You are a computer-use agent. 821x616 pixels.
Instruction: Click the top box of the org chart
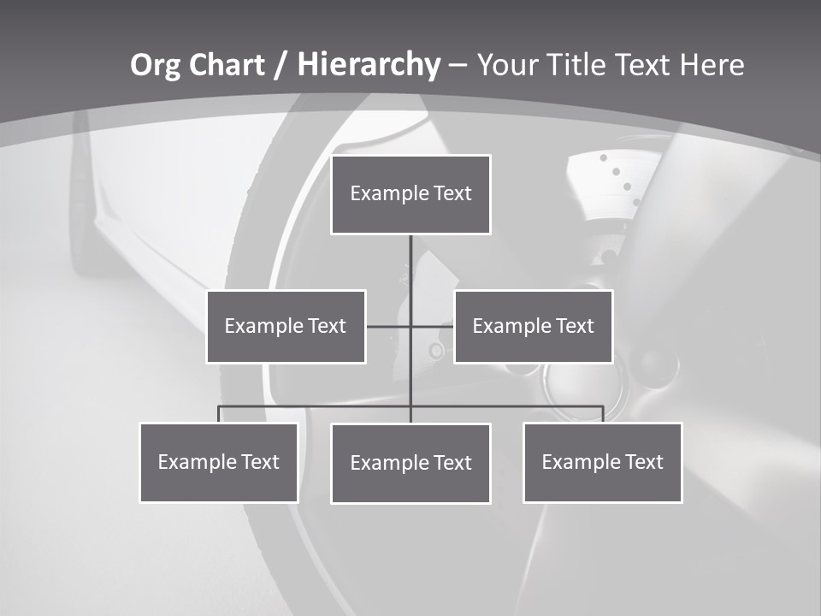pyautogui.click(x=410, y=194)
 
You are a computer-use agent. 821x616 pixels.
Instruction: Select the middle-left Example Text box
pyautogui.click(x=286, y=326)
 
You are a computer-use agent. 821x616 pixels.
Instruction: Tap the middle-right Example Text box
pyautogui.click(x=533, y=326)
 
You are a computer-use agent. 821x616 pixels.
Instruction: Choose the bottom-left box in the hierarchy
pyautogui.click(x=219, y=463)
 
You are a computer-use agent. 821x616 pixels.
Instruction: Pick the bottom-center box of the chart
pyautogui.click(x=410, y=464)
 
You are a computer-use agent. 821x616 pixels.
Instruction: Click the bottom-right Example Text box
pyautogui.click(x=603, y=463)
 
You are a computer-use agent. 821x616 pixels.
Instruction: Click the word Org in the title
pyautogui.click(x=157, y=65)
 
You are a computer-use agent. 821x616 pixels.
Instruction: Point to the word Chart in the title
pyautogui.click(x=227, y=65)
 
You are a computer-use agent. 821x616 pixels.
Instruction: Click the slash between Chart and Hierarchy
pyautogui.click(x=280, y=65)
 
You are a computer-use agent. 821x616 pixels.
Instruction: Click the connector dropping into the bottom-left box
pyautogui.click(x=219, y=414)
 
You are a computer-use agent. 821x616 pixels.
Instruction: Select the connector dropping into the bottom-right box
pyautogui.click(x=603, y=414)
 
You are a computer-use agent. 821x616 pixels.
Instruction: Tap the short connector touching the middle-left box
pyautogui.click(x=387, y=326)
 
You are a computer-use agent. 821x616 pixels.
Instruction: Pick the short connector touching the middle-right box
pyautogui.click(x=434, y=326)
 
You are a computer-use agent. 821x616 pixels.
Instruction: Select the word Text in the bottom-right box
pyautogui.click(x=643, y=463)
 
